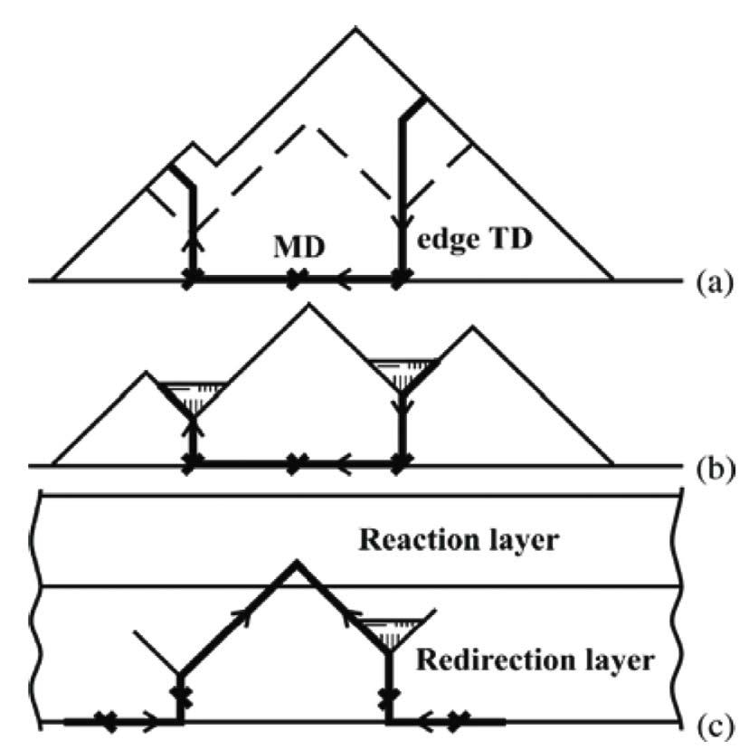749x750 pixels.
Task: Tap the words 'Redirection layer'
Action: click(534, 660)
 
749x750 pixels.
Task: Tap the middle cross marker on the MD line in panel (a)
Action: click(291, 281)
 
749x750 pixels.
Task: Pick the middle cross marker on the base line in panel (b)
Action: click(291, 466)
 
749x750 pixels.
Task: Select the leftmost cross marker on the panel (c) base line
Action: click(109, 722)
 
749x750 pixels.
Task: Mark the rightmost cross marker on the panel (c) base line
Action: click(460, 722)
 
